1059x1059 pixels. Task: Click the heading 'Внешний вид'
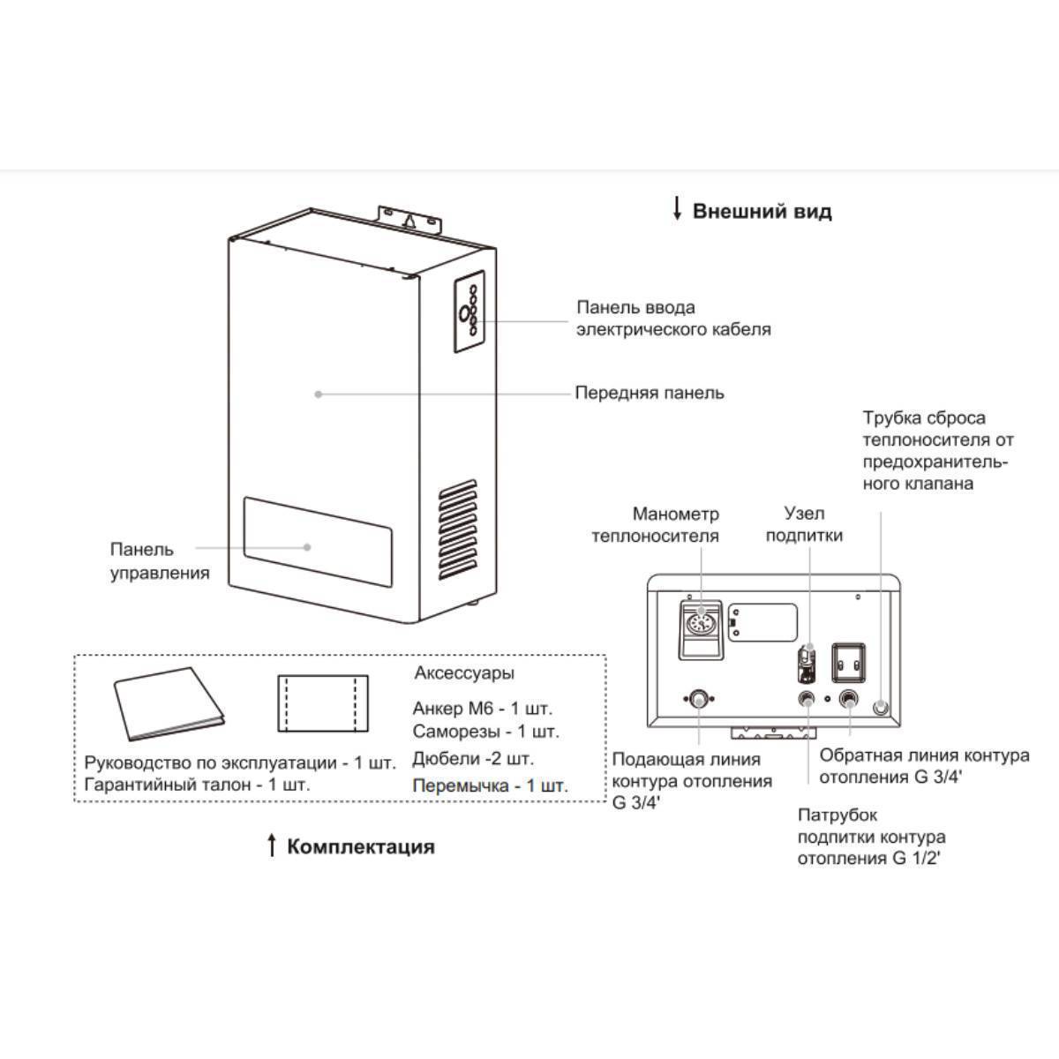point(762,212)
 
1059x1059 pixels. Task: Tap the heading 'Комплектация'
point(361,847)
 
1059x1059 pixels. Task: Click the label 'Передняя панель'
point(650,393)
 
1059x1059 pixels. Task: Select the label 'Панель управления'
point(160,561)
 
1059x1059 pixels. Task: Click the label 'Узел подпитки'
point(803,524)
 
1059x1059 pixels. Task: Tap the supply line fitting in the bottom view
point(697,699)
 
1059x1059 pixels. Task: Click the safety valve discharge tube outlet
point(881,708)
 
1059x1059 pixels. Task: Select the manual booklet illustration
point(169,704)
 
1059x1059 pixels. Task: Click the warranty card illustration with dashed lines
point(323,703)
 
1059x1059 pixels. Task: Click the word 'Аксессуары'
point(463,673)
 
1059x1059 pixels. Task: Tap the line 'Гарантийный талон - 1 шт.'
point(198,785)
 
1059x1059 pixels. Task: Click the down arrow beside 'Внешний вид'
point(677,209)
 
